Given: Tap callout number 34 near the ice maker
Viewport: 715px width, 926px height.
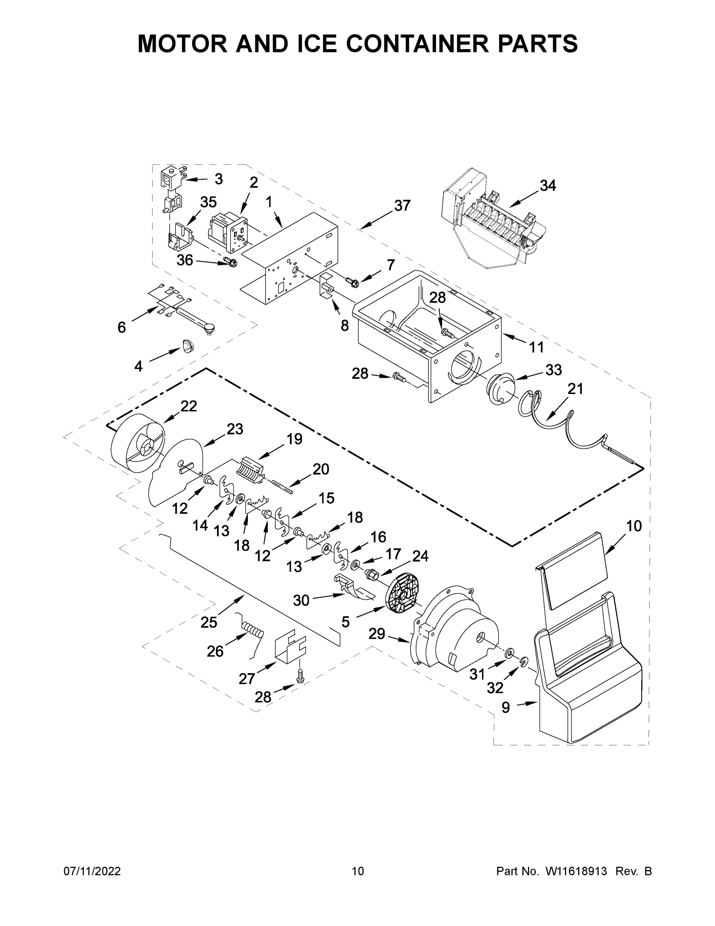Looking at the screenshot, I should tap(547, 186).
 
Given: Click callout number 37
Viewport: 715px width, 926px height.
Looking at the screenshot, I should tap(402, 206).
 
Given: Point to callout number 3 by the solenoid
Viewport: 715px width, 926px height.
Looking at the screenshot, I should tap(219, 179).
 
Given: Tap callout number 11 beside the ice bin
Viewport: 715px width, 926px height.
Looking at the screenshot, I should tap(536, 347).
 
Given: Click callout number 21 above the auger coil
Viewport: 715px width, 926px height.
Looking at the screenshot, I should tap(575, 389).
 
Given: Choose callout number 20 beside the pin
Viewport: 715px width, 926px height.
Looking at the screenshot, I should tap(321, 469).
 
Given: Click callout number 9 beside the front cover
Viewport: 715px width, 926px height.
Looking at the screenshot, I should tap(506, 707).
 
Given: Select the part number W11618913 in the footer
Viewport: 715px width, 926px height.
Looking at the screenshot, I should tap(576, 871).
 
